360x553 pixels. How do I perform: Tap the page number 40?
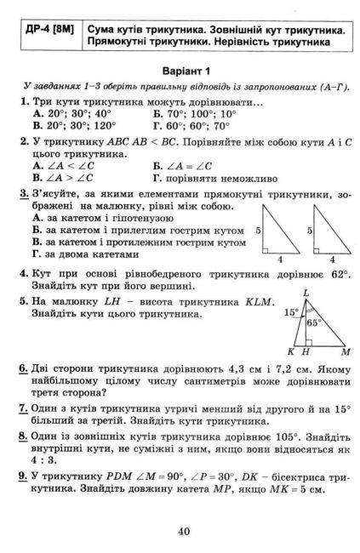click(183, 532)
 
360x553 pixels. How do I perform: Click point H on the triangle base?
click(305, 351)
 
